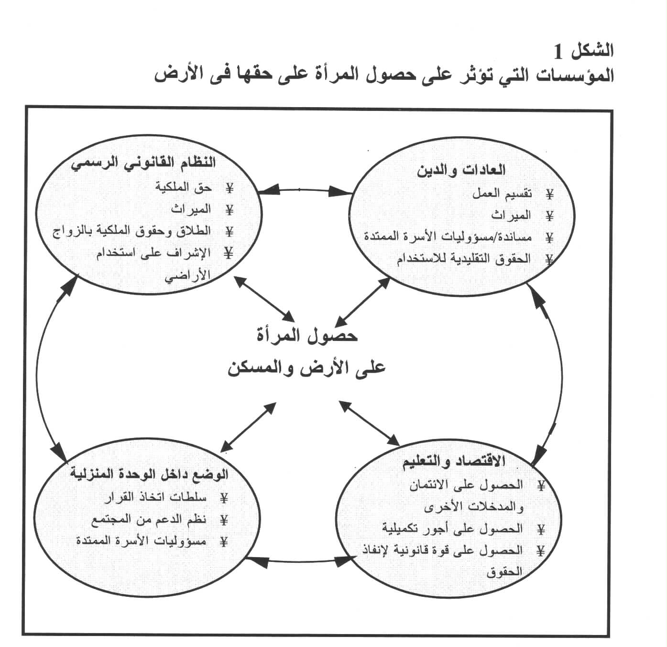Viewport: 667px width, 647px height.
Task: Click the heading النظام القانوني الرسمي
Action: (x=143, y=163)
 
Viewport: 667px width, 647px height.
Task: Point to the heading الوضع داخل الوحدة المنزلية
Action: (x=149, y=474)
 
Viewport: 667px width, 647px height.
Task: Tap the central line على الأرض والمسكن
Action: (x=306, y=369)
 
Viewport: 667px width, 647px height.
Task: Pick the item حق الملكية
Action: (x=183, y=187)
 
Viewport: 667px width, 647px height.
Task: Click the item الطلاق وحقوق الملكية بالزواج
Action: (x=131, y=231)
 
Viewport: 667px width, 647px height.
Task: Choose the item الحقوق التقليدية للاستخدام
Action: (x=463, y=259)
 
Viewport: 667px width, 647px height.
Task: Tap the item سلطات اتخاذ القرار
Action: (x=156, y=498)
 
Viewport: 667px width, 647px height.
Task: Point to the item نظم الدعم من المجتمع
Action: (x=148, y=519)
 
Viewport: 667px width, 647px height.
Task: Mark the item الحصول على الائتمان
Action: (x=466, y=485)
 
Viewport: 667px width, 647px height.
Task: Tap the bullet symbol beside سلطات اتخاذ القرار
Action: (x=223, y=498)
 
